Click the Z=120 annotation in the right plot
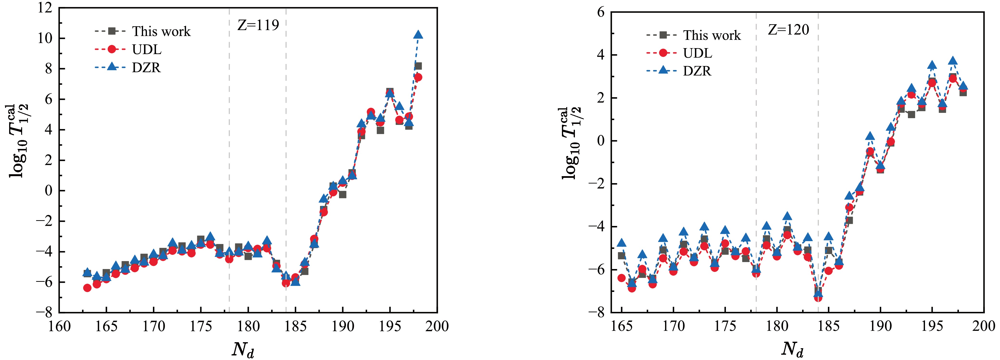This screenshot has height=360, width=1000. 788,30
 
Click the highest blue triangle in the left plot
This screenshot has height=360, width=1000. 418,35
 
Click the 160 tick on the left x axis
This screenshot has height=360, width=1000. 59,326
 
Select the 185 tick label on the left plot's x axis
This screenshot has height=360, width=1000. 296,326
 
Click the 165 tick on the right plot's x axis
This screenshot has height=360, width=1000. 622,326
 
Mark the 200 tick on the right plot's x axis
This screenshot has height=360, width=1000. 983,326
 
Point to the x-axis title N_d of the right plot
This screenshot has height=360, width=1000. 792,349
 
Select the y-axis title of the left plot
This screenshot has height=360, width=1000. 19,141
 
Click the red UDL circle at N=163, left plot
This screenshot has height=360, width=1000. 87,288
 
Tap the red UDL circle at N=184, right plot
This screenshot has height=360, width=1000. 818,297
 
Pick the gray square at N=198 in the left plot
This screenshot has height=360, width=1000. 418,66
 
